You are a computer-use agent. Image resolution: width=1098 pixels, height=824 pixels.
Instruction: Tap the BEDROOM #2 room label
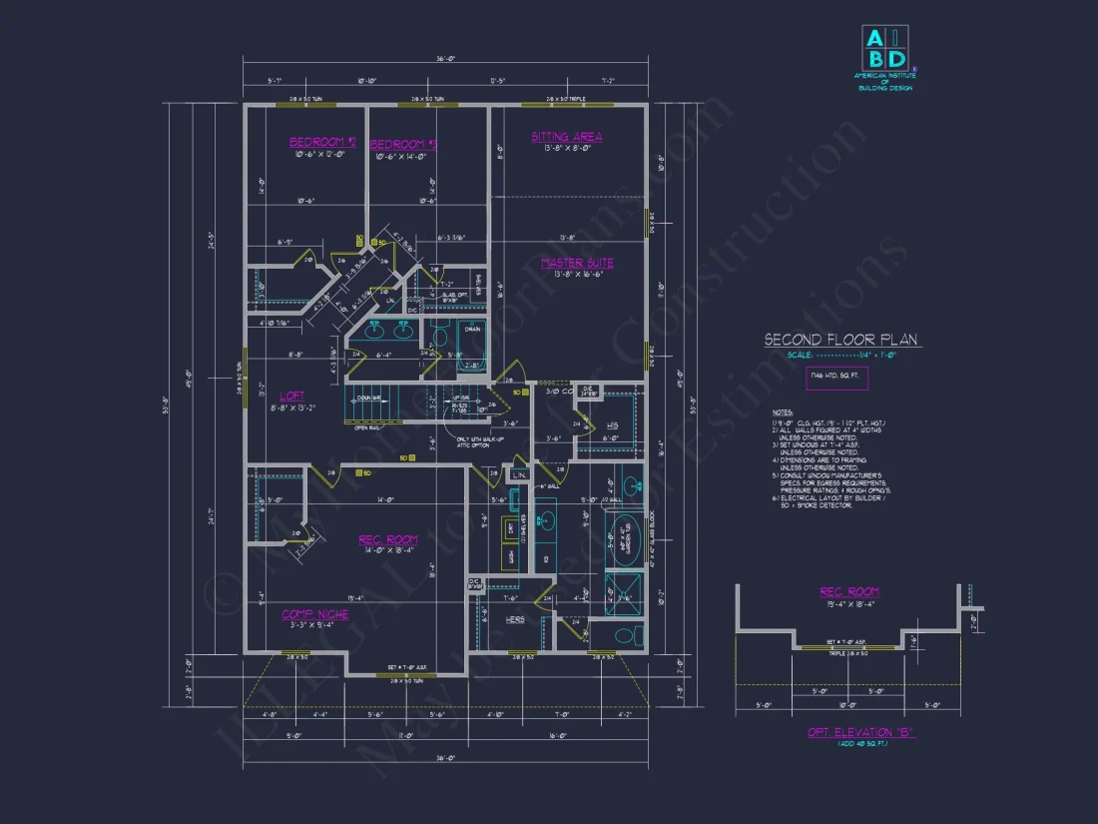tap(322, 142)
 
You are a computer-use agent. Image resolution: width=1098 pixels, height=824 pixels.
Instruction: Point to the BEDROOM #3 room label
tap(404, 144)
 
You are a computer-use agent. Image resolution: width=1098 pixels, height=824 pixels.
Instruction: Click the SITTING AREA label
tap(566, 137)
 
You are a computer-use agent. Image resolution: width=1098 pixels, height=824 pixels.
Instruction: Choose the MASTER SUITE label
tap(577, 263)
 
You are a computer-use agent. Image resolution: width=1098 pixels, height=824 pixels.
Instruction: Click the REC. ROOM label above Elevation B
tap(849, 591)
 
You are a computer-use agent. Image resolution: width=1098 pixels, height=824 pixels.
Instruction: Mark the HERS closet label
tap(515, 619)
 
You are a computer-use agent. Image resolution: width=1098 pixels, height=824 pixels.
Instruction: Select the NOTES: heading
tap(785, 412)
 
